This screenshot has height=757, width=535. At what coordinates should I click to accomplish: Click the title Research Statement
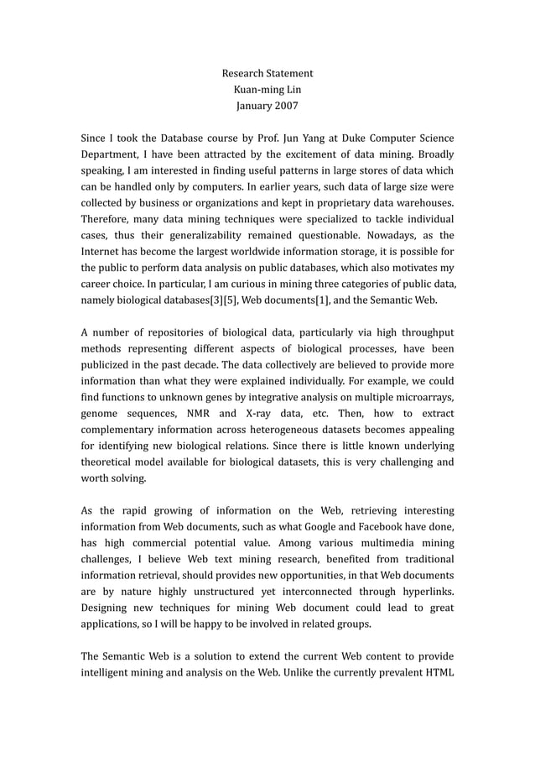tap(267, 74)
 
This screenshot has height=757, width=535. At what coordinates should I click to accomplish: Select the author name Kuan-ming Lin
tap(267, 90)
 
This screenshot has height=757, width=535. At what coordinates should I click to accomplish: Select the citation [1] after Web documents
tap(306, 300)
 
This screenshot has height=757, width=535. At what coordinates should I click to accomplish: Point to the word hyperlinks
tap(423, 593)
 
